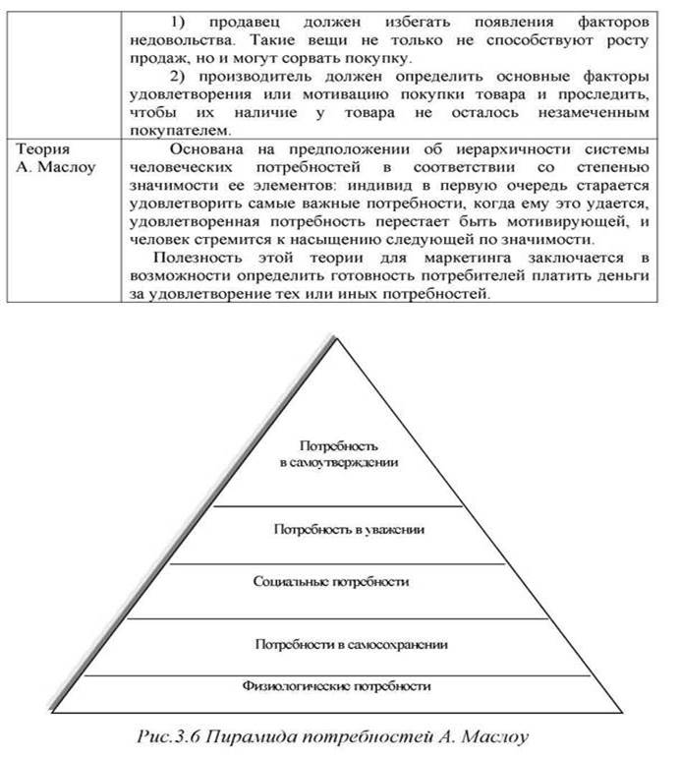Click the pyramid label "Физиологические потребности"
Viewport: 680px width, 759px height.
351,685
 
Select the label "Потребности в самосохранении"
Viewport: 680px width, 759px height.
351,645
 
